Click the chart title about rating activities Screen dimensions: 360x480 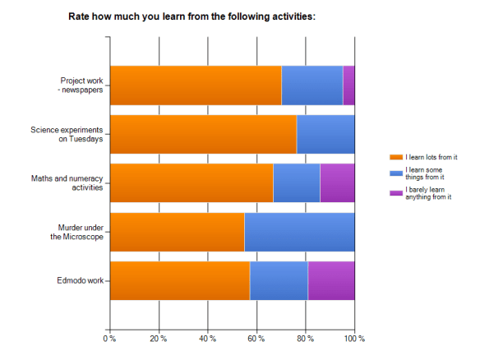(x=192, y=16)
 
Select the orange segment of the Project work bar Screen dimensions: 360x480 (x=196, y=85)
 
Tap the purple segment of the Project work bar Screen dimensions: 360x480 (x=348, y=85)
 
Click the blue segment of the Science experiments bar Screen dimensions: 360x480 (x=325, y=134)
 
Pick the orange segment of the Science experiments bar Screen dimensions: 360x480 (x=203, y=134)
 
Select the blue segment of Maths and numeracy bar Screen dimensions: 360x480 (x=296, y=182)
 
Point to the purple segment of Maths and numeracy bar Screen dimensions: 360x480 (x=337, y=182)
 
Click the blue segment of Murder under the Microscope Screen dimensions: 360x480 (x=299, y=232)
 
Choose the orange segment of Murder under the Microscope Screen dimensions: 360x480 (x=177, y=232)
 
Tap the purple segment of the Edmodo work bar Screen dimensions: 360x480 (x=331, y=280)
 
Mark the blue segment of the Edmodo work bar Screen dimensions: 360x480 (x=279, y=280)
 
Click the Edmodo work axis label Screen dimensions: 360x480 (x=81, y=280)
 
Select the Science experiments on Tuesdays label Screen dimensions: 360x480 (x=67, y=134)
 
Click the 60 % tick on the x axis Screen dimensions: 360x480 (x=256, y=338)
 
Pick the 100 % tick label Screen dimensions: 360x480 (x=354, y=338)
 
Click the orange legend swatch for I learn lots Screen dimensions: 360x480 (x=395, y=157)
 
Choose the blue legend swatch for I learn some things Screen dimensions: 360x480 (x=395, y=173)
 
